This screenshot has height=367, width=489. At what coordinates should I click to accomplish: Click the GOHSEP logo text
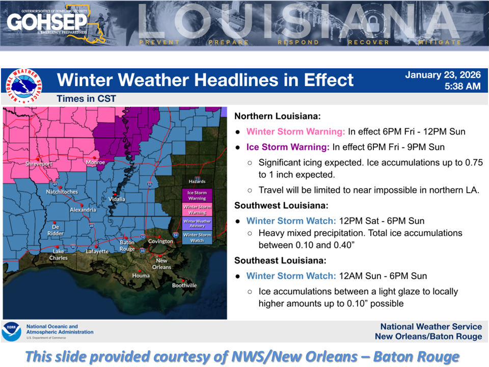tap(48, 21)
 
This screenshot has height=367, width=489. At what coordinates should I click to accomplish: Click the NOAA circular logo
tap(11, 331)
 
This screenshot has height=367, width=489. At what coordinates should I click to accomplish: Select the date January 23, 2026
tap(443, 75)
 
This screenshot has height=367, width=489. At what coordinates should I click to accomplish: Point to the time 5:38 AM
tap(463, 87)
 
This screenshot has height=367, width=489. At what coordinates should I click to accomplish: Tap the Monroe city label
tap(95, 163)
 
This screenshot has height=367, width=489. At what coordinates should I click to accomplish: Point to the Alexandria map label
tap(83, 209)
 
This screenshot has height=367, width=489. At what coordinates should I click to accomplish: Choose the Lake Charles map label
tap(59, 254)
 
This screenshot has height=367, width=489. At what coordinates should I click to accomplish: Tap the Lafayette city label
tap(97, 251)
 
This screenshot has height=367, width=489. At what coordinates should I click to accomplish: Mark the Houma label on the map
tap(141, 275)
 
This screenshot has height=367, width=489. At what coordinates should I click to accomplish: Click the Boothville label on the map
tap(184, 285)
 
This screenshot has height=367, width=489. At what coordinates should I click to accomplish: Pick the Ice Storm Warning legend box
tap(197, 196)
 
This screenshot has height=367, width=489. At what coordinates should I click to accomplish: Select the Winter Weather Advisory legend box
tap(197, 224)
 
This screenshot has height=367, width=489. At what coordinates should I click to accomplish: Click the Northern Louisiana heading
tap(278, 116)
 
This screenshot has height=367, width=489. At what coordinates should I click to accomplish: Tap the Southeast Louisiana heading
tap(280, 260)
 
